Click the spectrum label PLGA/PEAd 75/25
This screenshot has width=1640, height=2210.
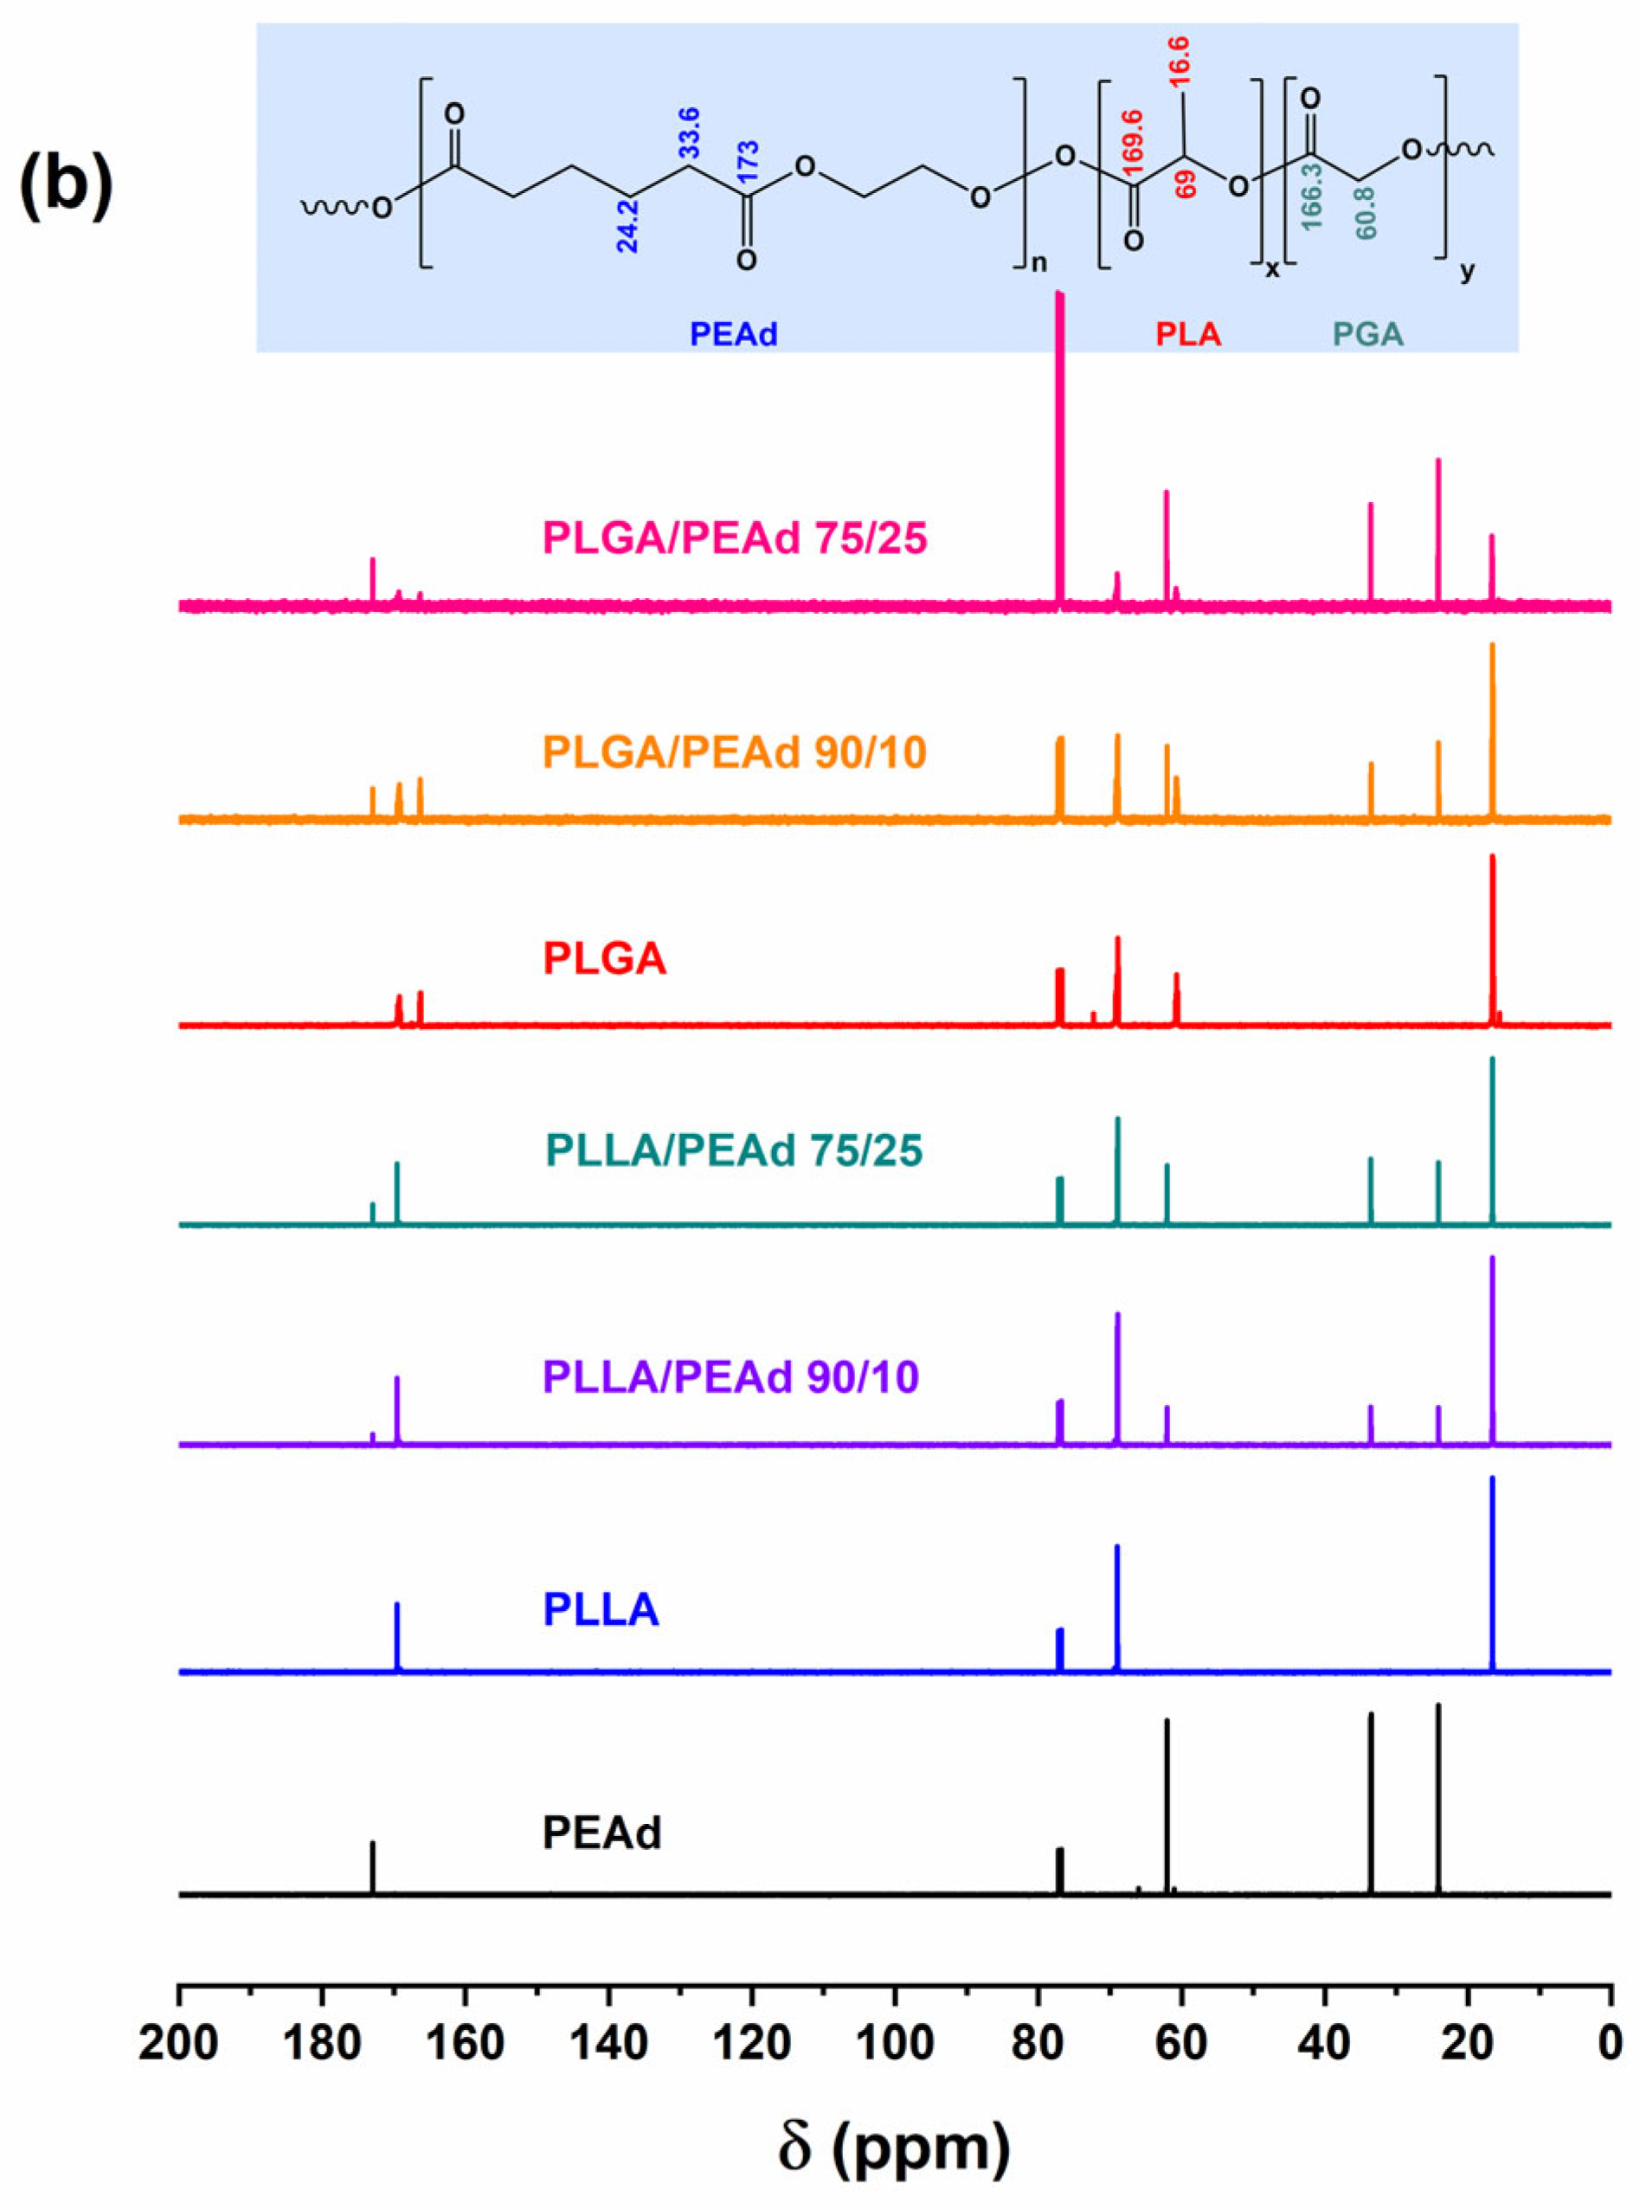[x=735, y=539]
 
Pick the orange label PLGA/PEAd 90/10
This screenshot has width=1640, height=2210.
[x=735, y=753]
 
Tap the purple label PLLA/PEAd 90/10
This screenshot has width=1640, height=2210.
[x=731, y=1377]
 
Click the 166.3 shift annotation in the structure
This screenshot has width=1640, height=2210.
[x=1312, y=198]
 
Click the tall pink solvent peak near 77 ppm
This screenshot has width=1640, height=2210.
[x=1059, y=447]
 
